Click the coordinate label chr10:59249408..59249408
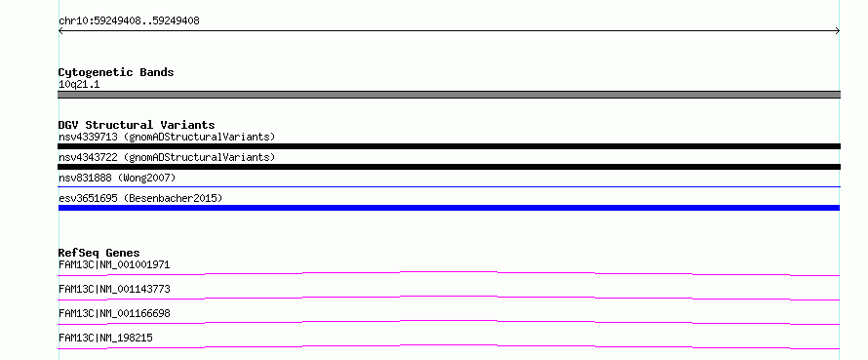coord(129,21)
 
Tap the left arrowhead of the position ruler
coord(60,31)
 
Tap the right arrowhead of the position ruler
coord(838,31)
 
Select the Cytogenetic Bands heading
coord(116,72)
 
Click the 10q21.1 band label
coord(79,85)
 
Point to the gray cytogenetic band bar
coord(449,95)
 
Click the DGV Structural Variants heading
coord(137,125)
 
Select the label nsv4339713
coord(88,137)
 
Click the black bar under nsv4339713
coord(449,146)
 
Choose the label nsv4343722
coord(88,157)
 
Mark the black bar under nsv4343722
coord(449,167)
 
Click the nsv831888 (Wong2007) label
coord(117,178)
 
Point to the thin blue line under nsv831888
coord(449,187)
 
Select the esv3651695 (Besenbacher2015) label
coord(140,198)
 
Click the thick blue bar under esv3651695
coord(449,208)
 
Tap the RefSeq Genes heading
coord(99,253)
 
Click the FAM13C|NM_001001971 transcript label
coord(114,264)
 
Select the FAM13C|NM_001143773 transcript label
coord(114,289)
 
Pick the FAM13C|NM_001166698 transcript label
coord(114,313)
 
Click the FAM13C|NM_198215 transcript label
coord(105,338)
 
